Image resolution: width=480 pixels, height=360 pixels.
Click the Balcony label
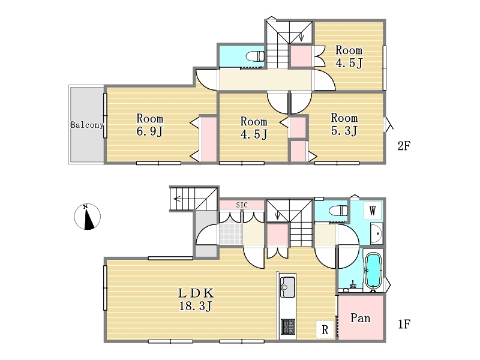(87, 125)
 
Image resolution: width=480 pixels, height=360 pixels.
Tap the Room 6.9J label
(149, 125)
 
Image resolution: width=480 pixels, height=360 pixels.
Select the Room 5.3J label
(344, 124)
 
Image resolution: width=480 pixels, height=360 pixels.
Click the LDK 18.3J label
(196, 299)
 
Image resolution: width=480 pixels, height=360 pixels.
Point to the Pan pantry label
(361, 319)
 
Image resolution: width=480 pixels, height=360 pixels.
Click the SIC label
(242, 205)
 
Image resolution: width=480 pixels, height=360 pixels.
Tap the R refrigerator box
(325, 329)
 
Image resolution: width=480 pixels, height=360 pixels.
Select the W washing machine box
(373, 211)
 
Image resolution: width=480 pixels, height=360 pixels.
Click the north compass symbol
(87, 217)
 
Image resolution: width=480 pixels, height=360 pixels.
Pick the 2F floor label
(404, 146)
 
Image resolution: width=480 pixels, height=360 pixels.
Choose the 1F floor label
(404, 324)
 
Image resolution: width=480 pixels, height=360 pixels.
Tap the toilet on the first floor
(338, 211)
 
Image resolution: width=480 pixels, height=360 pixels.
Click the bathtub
(373, 271)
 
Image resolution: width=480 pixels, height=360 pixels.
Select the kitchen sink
(288, 287)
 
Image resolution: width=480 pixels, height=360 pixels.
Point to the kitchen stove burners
(288, 326)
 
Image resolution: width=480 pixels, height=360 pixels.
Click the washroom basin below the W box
(376, 233)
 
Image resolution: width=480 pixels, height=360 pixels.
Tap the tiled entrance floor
(231, 233)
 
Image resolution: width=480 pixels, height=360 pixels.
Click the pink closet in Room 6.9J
(209, 139)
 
